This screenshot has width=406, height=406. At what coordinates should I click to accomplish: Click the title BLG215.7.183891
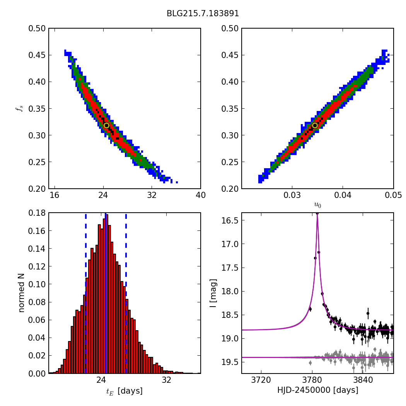pos(203,14)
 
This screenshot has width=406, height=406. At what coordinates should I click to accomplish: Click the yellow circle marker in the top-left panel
pos(106,125)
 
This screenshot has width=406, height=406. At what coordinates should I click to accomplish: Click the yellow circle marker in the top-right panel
pos(315,125)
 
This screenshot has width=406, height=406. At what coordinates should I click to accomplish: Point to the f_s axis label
pos(19,109)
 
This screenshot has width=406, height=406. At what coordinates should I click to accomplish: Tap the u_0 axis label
pos(317,205)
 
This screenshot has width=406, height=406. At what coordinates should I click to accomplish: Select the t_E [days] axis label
pos(125,391)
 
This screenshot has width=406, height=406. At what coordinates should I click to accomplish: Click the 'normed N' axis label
pos(22,293)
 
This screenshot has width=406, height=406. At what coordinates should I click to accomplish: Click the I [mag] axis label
pos(213,293)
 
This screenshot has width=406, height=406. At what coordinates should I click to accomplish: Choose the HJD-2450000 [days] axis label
pos(317,391)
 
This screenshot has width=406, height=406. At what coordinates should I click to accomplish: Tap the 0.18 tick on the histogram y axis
pos(37,213)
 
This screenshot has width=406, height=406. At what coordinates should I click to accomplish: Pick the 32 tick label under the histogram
pos(166,380)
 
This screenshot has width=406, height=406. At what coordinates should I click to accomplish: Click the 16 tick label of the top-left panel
pos(55,195)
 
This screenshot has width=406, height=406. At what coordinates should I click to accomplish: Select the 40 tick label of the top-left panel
pos(200,195)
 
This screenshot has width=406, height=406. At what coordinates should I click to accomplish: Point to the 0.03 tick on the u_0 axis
pos(292,195)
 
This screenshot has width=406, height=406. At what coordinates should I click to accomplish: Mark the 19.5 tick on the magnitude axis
pos(230,362)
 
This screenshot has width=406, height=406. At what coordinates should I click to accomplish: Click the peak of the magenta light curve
pos(317,213)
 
